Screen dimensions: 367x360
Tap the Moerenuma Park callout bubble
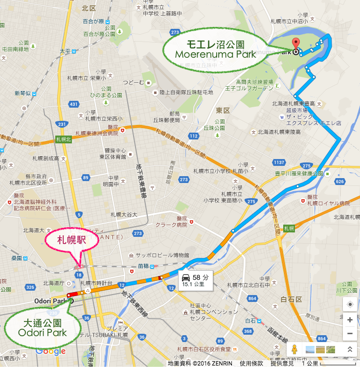point(216,50)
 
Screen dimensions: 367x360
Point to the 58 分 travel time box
point(196,280)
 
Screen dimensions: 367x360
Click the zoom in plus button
point(350,320)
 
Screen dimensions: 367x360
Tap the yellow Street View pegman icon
point(294,350)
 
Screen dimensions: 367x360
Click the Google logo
point(50,351)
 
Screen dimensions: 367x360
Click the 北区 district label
point(89,8)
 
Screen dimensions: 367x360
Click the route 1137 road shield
point(280,162)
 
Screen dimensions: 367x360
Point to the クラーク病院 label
point(171,225)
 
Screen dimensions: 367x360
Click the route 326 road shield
point(30,287)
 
